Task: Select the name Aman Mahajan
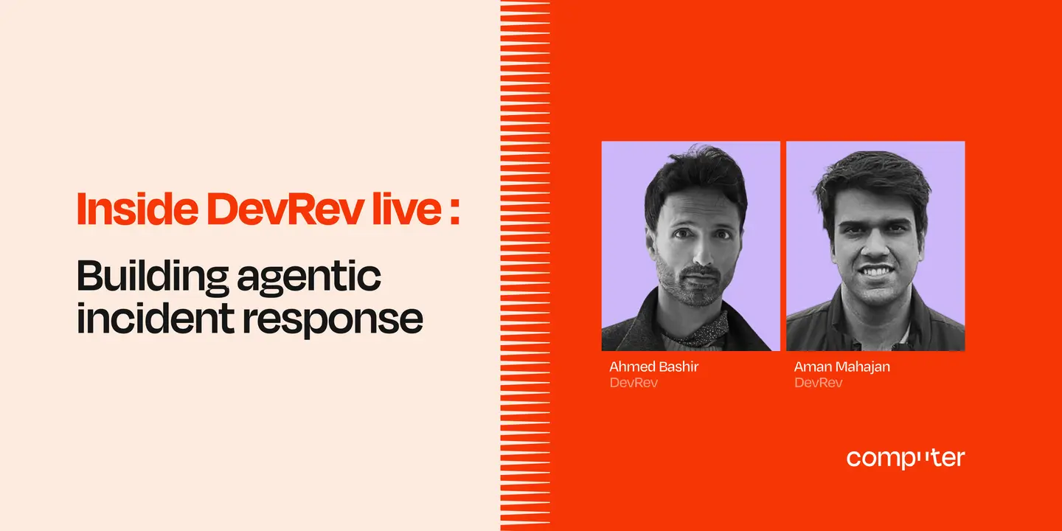[x=841, y=367]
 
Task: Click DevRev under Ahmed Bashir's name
[x=634, y=383]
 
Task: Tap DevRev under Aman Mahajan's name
[x=818, y=383]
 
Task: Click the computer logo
[x=905, y=458]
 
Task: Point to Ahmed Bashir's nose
[x=699, y=254]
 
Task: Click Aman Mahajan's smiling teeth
[x=878, y=270]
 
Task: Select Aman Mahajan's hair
[x=875, y=177]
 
